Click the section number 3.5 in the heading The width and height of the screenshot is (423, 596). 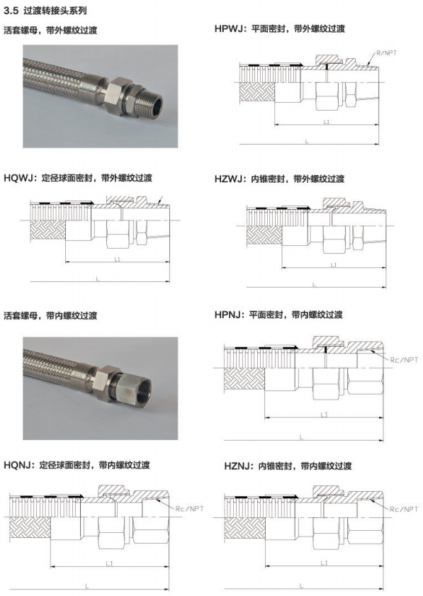click(x=11, y=10)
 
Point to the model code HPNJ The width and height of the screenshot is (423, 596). click(x=227, y=315)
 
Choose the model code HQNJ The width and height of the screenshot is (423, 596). click(x=16, y=464)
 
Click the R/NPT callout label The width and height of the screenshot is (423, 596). click(x=386, y=53)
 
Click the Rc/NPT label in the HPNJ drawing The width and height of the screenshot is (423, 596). click(x=404, y=359)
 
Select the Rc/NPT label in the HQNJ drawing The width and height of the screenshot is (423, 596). click(x=189, y=509)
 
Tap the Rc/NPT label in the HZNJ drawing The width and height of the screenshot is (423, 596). click(x=404, y=509)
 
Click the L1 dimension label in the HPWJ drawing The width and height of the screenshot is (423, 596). click(x=326, y=122)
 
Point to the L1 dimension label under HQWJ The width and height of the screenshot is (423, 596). click(x=117, y=259)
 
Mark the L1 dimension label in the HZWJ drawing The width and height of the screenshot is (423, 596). click(x=333, y=265)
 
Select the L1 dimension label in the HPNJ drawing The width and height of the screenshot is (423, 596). click(x=324, y=415)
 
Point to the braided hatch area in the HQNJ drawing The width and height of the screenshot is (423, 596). click(x=30, y=529)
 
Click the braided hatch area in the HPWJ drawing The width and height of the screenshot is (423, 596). click(x=257, y=92)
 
